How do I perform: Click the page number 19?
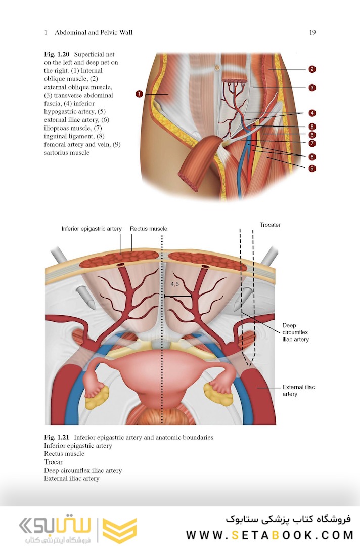pos(312,33)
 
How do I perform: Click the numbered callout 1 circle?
pos(139,94)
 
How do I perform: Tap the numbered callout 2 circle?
pos(312,69)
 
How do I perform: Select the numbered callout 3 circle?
pos(312,88)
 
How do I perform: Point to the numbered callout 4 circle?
pos(312,112)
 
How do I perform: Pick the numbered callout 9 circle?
pos(312,168)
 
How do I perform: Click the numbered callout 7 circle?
pos(312,144)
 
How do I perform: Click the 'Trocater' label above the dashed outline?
pos(270,225)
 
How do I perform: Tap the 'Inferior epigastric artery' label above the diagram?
pos(92,229)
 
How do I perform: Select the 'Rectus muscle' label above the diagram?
pos(148,229)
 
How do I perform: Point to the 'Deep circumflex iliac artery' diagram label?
pos(296,332)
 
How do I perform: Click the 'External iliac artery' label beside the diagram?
pos(298,390)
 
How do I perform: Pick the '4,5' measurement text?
pos(174,284)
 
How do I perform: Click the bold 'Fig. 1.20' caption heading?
pos(57,54)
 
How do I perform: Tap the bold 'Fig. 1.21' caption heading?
pos(57,437)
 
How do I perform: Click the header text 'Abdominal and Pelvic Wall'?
pos(94,33)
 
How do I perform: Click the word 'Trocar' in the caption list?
pos(54,462)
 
